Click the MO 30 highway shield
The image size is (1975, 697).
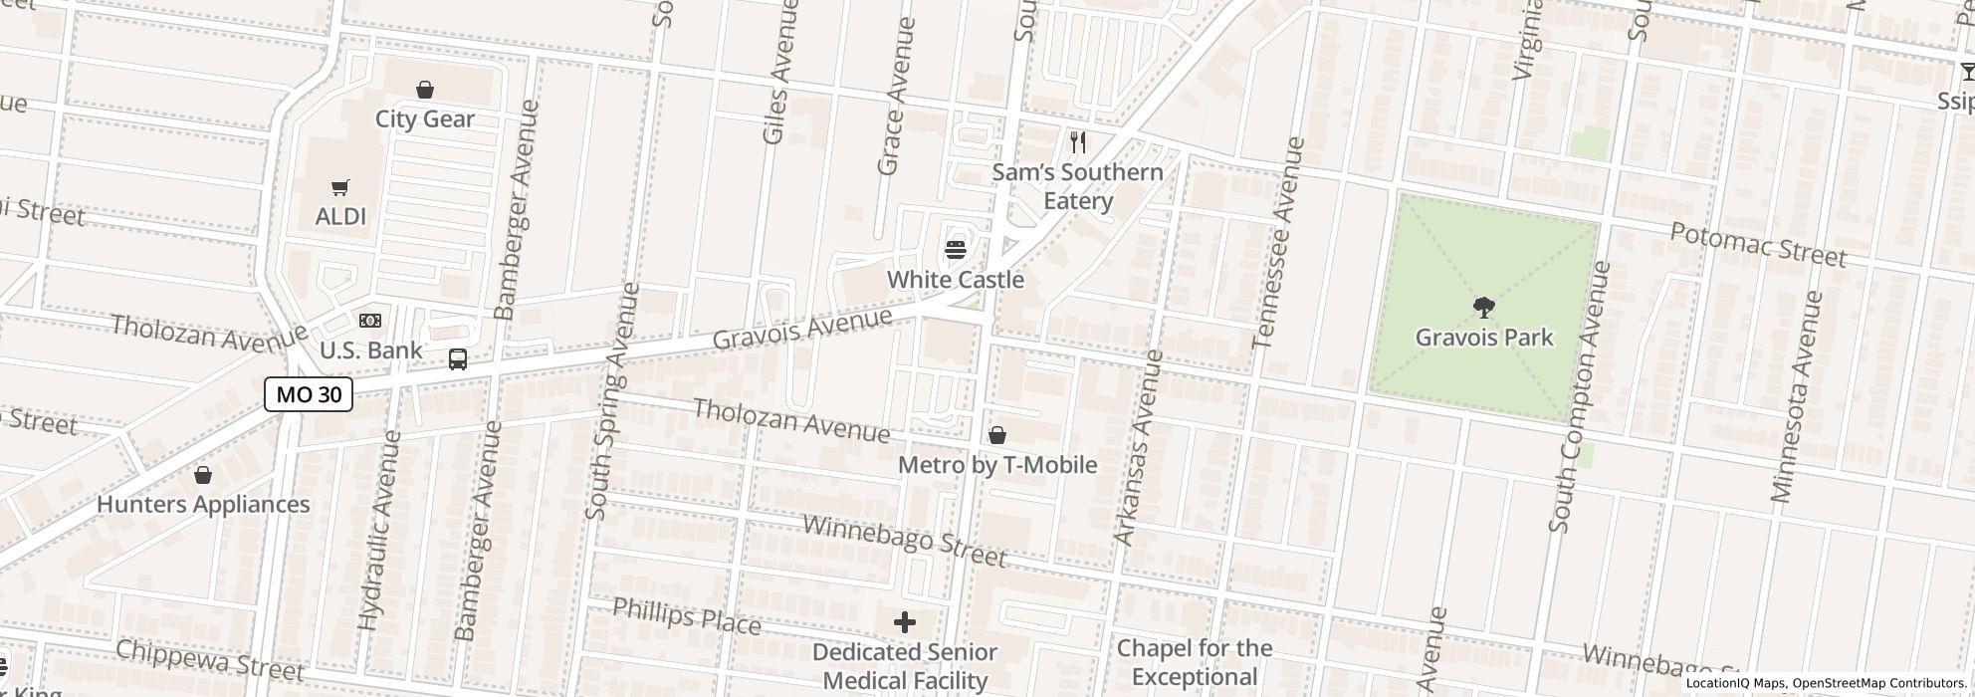pos(309,394)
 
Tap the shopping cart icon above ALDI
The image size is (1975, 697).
pos(340,187)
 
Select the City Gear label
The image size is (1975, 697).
pos(424,118)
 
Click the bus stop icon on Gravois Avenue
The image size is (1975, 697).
pos(458,359)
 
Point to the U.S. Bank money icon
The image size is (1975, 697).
pos(370,321)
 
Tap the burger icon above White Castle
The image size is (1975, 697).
pos(956,249)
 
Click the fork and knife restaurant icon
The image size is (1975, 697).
pos(1077,142)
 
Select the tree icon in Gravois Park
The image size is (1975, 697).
pos(1483,307)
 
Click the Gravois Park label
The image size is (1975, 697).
pos(1483,338)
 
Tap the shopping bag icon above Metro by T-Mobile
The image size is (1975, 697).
pos(996,435)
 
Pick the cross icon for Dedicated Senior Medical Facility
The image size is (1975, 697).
pos(904,622)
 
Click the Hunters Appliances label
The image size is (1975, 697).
pos(203,504)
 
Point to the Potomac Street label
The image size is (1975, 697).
pos(1757,244)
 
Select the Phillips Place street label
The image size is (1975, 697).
pos(686,617)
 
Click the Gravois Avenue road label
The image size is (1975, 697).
pos(801,329)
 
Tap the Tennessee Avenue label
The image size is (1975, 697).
pos(1279,242)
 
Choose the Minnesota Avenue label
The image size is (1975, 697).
pos(1797,396)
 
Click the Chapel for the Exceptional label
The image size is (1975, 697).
pos(1194,663)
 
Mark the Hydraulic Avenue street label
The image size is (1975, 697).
pos(380,530)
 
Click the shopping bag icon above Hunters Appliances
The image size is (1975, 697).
pos(203,475)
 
